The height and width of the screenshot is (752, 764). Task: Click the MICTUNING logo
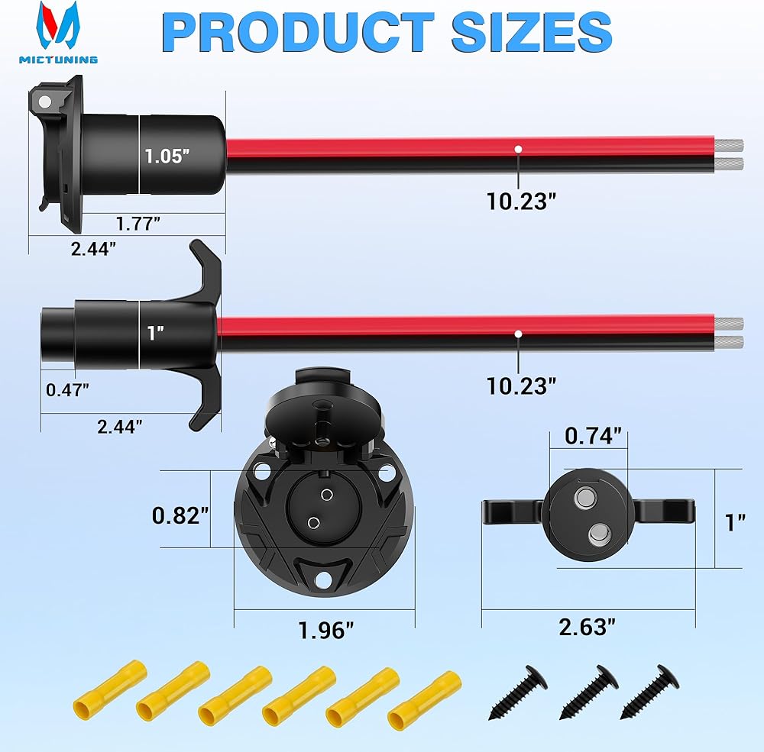pyautogui.click(x=59, y=33)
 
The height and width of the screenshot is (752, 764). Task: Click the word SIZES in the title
pyautogui.click(x=532, y=32)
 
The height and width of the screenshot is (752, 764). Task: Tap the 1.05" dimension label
pyautogui.click(x=167, y=156)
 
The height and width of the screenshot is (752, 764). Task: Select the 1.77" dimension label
pyautogui.click(x=138, y=224)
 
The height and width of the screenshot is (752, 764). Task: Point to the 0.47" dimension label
pyautogui.click(x=68, y=389)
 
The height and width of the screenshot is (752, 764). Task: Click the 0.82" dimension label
pyautogui.click(x=180, y=515)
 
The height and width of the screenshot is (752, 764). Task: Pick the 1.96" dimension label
pyautogui.click(x=325, y=631)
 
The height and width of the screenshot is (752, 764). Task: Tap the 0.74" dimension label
pyautogui.click(x=593, y=436)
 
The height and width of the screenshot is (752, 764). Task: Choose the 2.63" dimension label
pyautogui.click(x=587, y=627)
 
